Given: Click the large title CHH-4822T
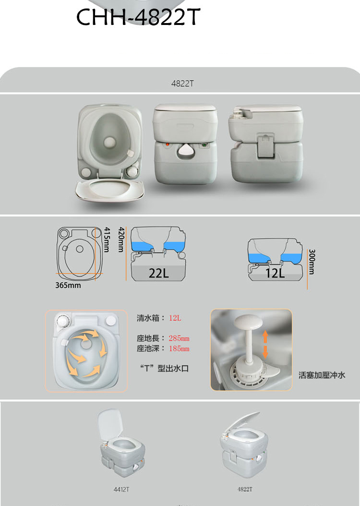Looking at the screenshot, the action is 138,17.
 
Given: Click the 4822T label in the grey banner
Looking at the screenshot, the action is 182,84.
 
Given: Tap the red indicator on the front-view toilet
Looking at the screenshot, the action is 168,145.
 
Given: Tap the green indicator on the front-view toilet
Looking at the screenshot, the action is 204,145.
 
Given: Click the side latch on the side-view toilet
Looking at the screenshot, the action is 266,147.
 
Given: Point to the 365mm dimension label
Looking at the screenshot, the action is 68,285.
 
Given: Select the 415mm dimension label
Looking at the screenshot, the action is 107,240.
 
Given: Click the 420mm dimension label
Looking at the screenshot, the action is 121,240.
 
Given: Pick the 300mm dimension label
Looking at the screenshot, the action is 312,262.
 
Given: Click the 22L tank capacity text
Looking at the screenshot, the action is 159,273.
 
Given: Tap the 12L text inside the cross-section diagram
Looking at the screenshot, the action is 275,273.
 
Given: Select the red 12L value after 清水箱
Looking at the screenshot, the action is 175,318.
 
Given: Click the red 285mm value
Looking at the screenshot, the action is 179,338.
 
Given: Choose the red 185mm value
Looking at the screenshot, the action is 179,349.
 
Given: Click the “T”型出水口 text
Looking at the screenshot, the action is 164,368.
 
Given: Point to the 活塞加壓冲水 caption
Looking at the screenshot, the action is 322,375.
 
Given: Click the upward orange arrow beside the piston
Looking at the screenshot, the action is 265,337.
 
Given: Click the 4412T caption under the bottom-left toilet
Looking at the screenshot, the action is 121,490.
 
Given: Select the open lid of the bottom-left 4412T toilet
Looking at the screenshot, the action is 110,424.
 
